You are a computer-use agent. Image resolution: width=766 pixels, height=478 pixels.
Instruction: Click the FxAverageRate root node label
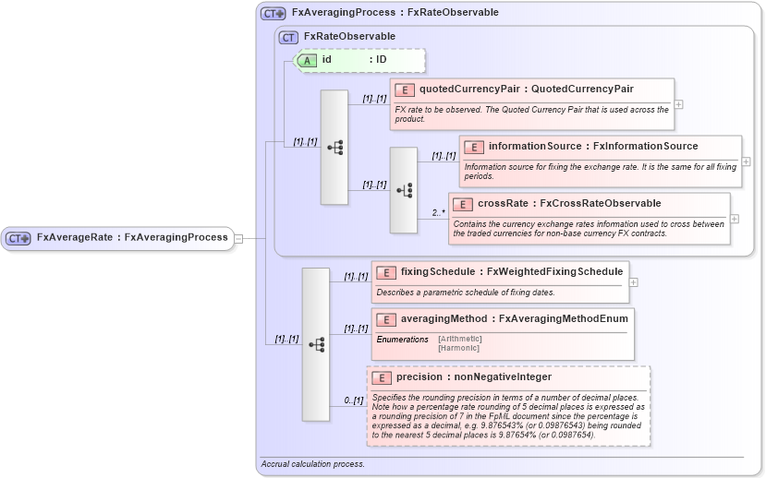point(131,237)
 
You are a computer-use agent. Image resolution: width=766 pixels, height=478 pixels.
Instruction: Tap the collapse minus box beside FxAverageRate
point(238,238)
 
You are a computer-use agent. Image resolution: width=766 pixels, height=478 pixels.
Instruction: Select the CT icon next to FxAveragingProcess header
point(274,13)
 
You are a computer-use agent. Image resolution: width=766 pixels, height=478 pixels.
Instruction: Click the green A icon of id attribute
point(307,60)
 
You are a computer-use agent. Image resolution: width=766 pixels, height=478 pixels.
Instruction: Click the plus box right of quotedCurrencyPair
point(679,104)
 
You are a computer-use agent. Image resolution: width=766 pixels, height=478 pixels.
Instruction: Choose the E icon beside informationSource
point(473,147)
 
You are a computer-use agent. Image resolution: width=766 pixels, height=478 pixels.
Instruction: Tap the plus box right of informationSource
point(747,161)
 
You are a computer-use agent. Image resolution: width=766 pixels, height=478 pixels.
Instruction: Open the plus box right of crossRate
point(735,219)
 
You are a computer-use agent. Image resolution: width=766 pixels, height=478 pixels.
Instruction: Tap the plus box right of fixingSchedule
point(634,281)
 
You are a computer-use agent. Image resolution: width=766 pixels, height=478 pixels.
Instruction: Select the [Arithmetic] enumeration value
point(460,339)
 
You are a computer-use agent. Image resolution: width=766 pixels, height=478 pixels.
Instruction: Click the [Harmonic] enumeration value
point(458,348)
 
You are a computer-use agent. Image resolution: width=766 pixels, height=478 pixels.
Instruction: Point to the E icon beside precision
point(381,377)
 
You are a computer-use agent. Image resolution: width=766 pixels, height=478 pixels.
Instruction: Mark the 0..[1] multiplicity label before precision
point(353,400)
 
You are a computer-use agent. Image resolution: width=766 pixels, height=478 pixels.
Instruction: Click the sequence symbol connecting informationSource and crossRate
point(404,189)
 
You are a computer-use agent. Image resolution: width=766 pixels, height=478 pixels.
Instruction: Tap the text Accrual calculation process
point(312,464)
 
